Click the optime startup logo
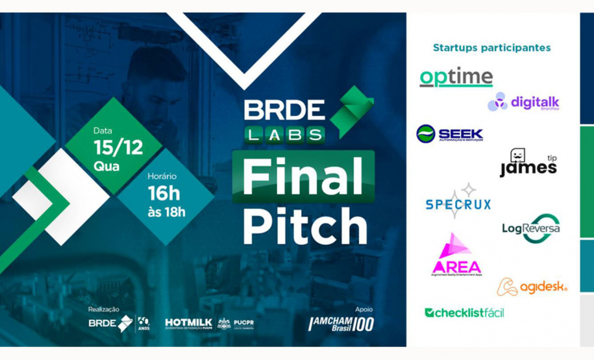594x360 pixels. coord(456,78)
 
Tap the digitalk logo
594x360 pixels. coord(523,102)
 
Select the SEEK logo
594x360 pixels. coord(449,134)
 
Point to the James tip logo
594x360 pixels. coord(528,163)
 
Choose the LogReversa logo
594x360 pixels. coord(531,228)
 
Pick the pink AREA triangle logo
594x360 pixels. coord(456,254)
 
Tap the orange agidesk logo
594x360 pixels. coord(532,287)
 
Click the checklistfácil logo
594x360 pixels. coord(464,313)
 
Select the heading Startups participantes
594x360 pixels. coord(491,47)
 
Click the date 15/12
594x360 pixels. coord(118,147)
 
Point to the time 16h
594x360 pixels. coord(165,193)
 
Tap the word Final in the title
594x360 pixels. coord(303,176)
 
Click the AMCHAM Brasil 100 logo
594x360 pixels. coord(341,323)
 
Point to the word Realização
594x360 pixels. coord(104,309)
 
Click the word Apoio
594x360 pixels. coord(364,309)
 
